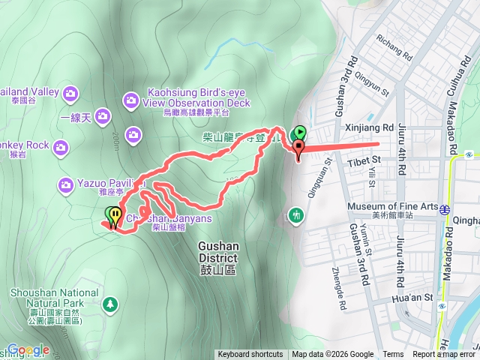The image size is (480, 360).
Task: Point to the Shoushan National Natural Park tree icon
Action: (111, 304)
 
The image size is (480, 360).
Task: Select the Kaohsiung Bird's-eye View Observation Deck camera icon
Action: (130, 99)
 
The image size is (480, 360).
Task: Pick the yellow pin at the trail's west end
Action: (115, 217)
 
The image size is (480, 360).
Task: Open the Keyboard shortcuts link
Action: (250, 355)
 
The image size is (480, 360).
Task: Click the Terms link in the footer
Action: (393, 355)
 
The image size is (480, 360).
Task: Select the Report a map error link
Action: (444, 355)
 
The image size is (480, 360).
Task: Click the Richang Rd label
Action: (395, 46)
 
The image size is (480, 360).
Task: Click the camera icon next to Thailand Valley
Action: (70, 93)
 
